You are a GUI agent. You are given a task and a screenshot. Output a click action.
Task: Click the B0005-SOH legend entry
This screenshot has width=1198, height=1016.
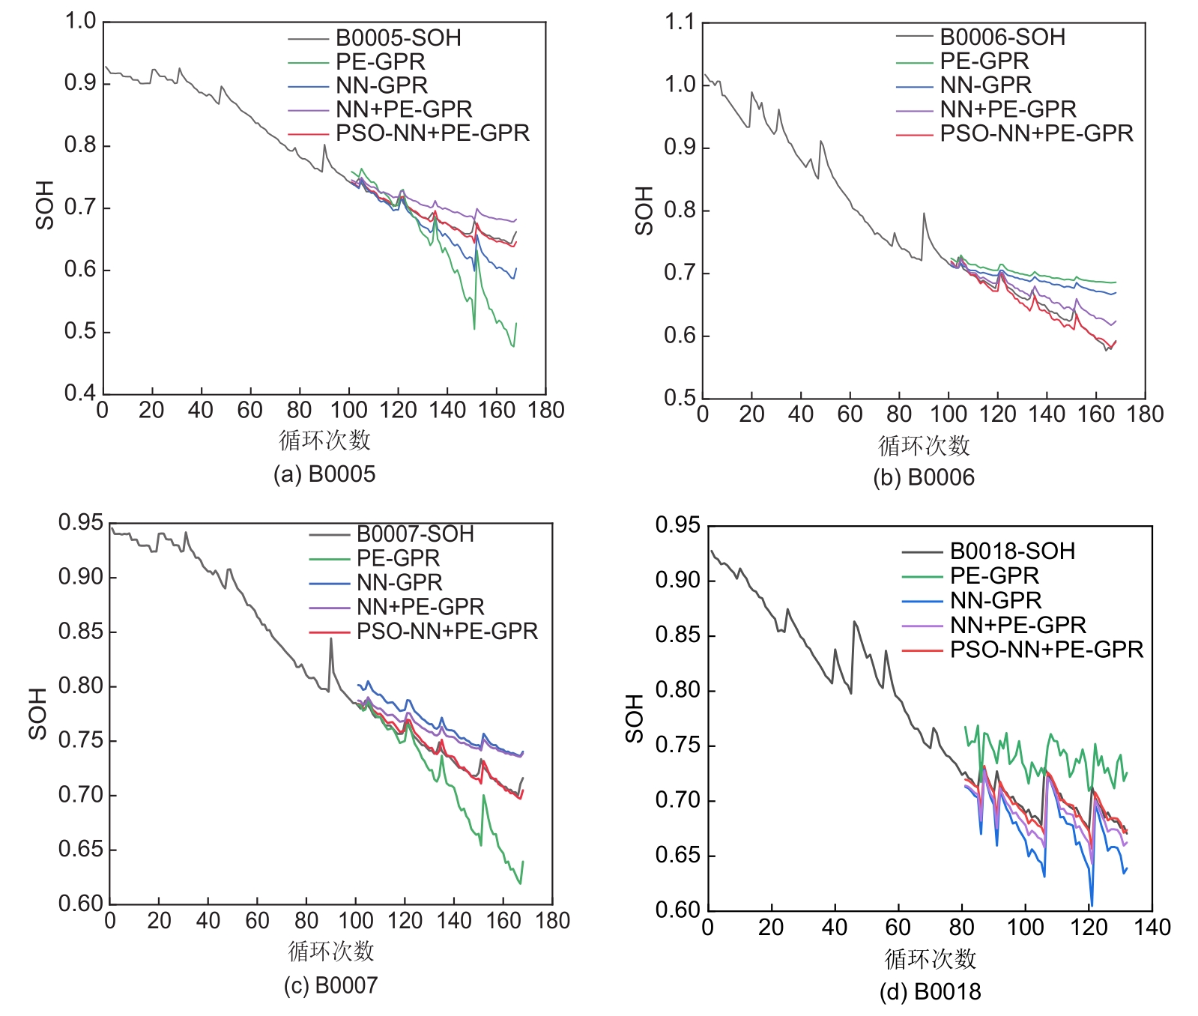click(x=398, y=37)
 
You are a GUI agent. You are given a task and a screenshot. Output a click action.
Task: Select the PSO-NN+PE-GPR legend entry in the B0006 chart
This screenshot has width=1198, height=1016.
click(x=1036, y=133)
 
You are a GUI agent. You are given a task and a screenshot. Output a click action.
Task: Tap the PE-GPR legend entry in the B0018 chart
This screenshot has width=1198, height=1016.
click(x=994, y=575)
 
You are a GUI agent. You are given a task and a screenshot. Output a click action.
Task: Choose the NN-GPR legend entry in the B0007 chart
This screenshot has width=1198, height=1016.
click(x=399, y=582)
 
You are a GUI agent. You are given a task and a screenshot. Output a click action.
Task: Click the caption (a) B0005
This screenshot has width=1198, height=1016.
click(x=324, y=474)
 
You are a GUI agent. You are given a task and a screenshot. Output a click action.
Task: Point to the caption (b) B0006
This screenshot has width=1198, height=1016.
click(x=924, y=477)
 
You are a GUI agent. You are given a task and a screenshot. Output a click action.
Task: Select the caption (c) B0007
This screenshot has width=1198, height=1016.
click(x=330, y=985)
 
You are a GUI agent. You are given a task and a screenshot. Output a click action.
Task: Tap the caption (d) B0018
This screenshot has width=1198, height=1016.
click(x=930, y=991)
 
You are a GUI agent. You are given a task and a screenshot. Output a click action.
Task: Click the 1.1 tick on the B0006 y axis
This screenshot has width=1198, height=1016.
click(x=680, y=22)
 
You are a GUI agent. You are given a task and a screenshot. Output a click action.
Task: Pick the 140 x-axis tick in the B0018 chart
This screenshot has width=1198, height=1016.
click(x=1152, y=928)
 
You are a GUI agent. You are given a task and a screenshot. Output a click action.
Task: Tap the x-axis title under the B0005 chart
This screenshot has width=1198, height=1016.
click(x=324, y=441)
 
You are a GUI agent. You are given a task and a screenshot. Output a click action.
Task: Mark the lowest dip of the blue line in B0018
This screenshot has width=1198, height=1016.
click(x=1092, y=905)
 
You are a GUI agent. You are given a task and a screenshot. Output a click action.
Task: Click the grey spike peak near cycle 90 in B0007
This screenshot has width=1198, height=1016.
click(x=330, y=638)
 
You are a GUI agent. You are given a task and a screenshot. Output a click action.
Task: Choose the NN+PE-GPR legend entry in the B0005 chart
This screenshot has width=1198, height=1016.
click(x=404, y=109)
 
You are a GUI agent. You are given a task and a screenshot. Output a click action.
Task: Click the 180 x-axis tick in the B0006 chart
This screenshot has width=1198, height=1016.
click(x=1145, y=414)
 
